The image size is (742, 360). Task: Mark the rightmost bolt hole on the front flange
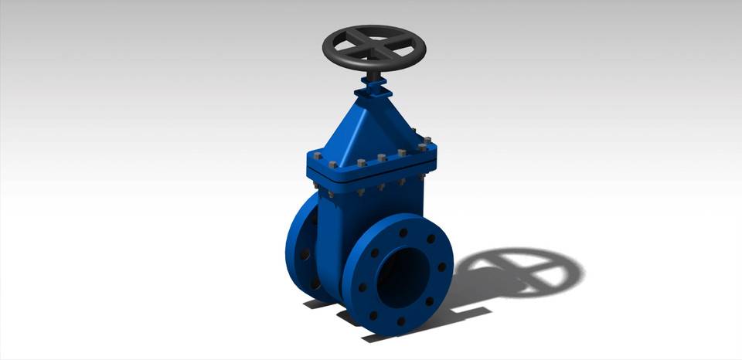(441, 267)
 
